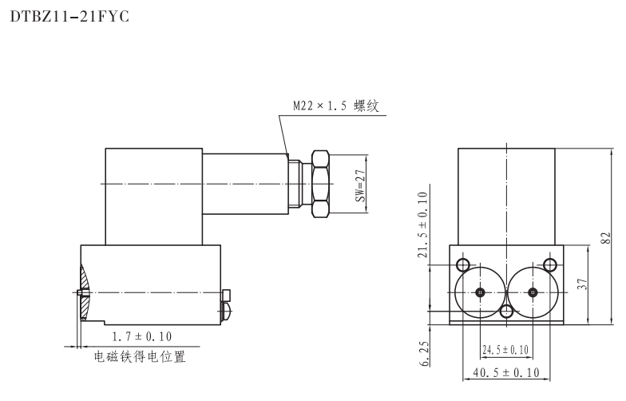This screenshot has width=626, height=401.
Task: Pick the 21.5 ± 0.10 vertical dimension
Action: [x=423, y=225]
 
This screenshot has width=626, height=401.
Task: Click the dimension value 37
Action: [x=584, y=284]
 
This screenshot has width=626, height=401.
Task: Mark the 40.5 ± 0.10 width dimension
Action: [x=506, y=372]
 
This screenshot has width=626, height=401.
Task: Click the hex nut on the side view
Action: [x=319, y=184]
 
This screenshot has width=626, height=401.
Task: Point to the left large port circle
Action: [x=479, y=292]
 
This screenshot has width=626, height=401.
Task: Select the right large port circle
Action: [x=533, y=292]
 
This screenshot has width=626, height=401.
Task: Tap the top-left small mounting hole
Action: [x=462, y=264]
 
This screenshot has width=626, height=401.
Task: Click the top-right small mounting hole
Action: [x=549, y=264]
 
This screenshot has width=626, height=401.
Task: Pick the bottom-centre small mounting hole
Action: [x=506, y=311]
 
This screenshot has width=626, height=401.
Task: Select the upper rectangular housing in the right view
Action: [x=506, y=196]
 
